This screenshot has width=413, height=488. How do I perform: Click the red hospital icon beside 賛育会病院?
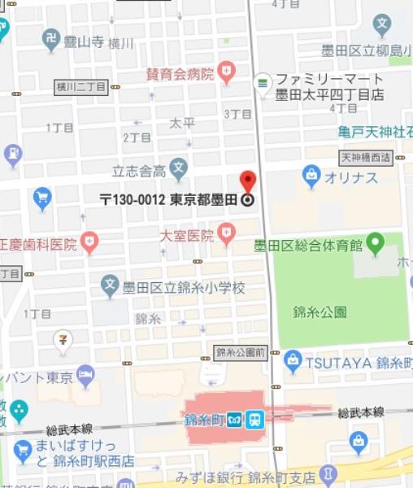coord(226,72)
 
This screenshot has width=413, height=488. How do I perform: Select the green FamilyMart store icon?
coord(263,82)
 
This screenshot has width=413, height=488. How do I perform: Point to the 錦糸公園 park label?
coord(320,312)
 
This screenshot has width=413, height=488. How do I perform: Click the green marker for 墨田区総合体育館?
coord(375,242)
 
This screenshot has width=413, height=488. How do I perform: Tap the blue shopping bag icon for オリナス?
coord(311,175)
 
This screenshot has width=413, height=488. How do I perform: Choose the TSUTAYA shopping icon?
coord(293,359)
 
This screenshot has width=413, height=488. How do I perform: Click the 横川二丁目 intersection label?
coord(80,86)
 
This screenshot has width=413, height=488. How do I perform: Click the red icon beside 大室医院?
coord(227,236)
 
